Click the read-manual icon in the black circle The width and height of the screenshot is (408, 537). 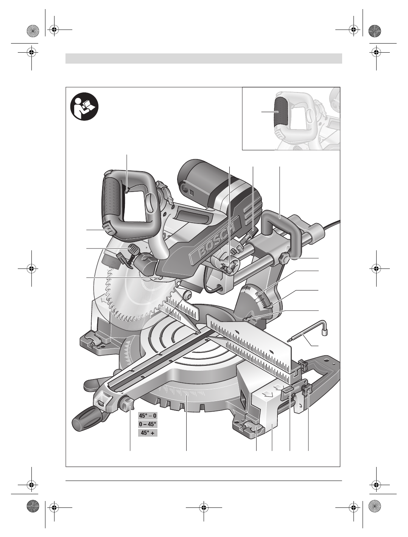pyautogui.click(x=84, y=107)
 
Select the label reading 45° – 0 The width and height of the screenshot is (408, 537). pyautogui.click(x=148, y=416)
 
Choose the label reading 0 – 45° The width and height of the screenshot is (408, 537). pyautogui.click(x=148, y=424)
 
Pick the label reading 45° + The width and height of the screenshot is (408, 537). pyautogui.click(x=148, y=432)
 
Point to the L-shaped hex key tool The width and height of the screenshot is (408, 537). pyautogui.click(x=308, y=334)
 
